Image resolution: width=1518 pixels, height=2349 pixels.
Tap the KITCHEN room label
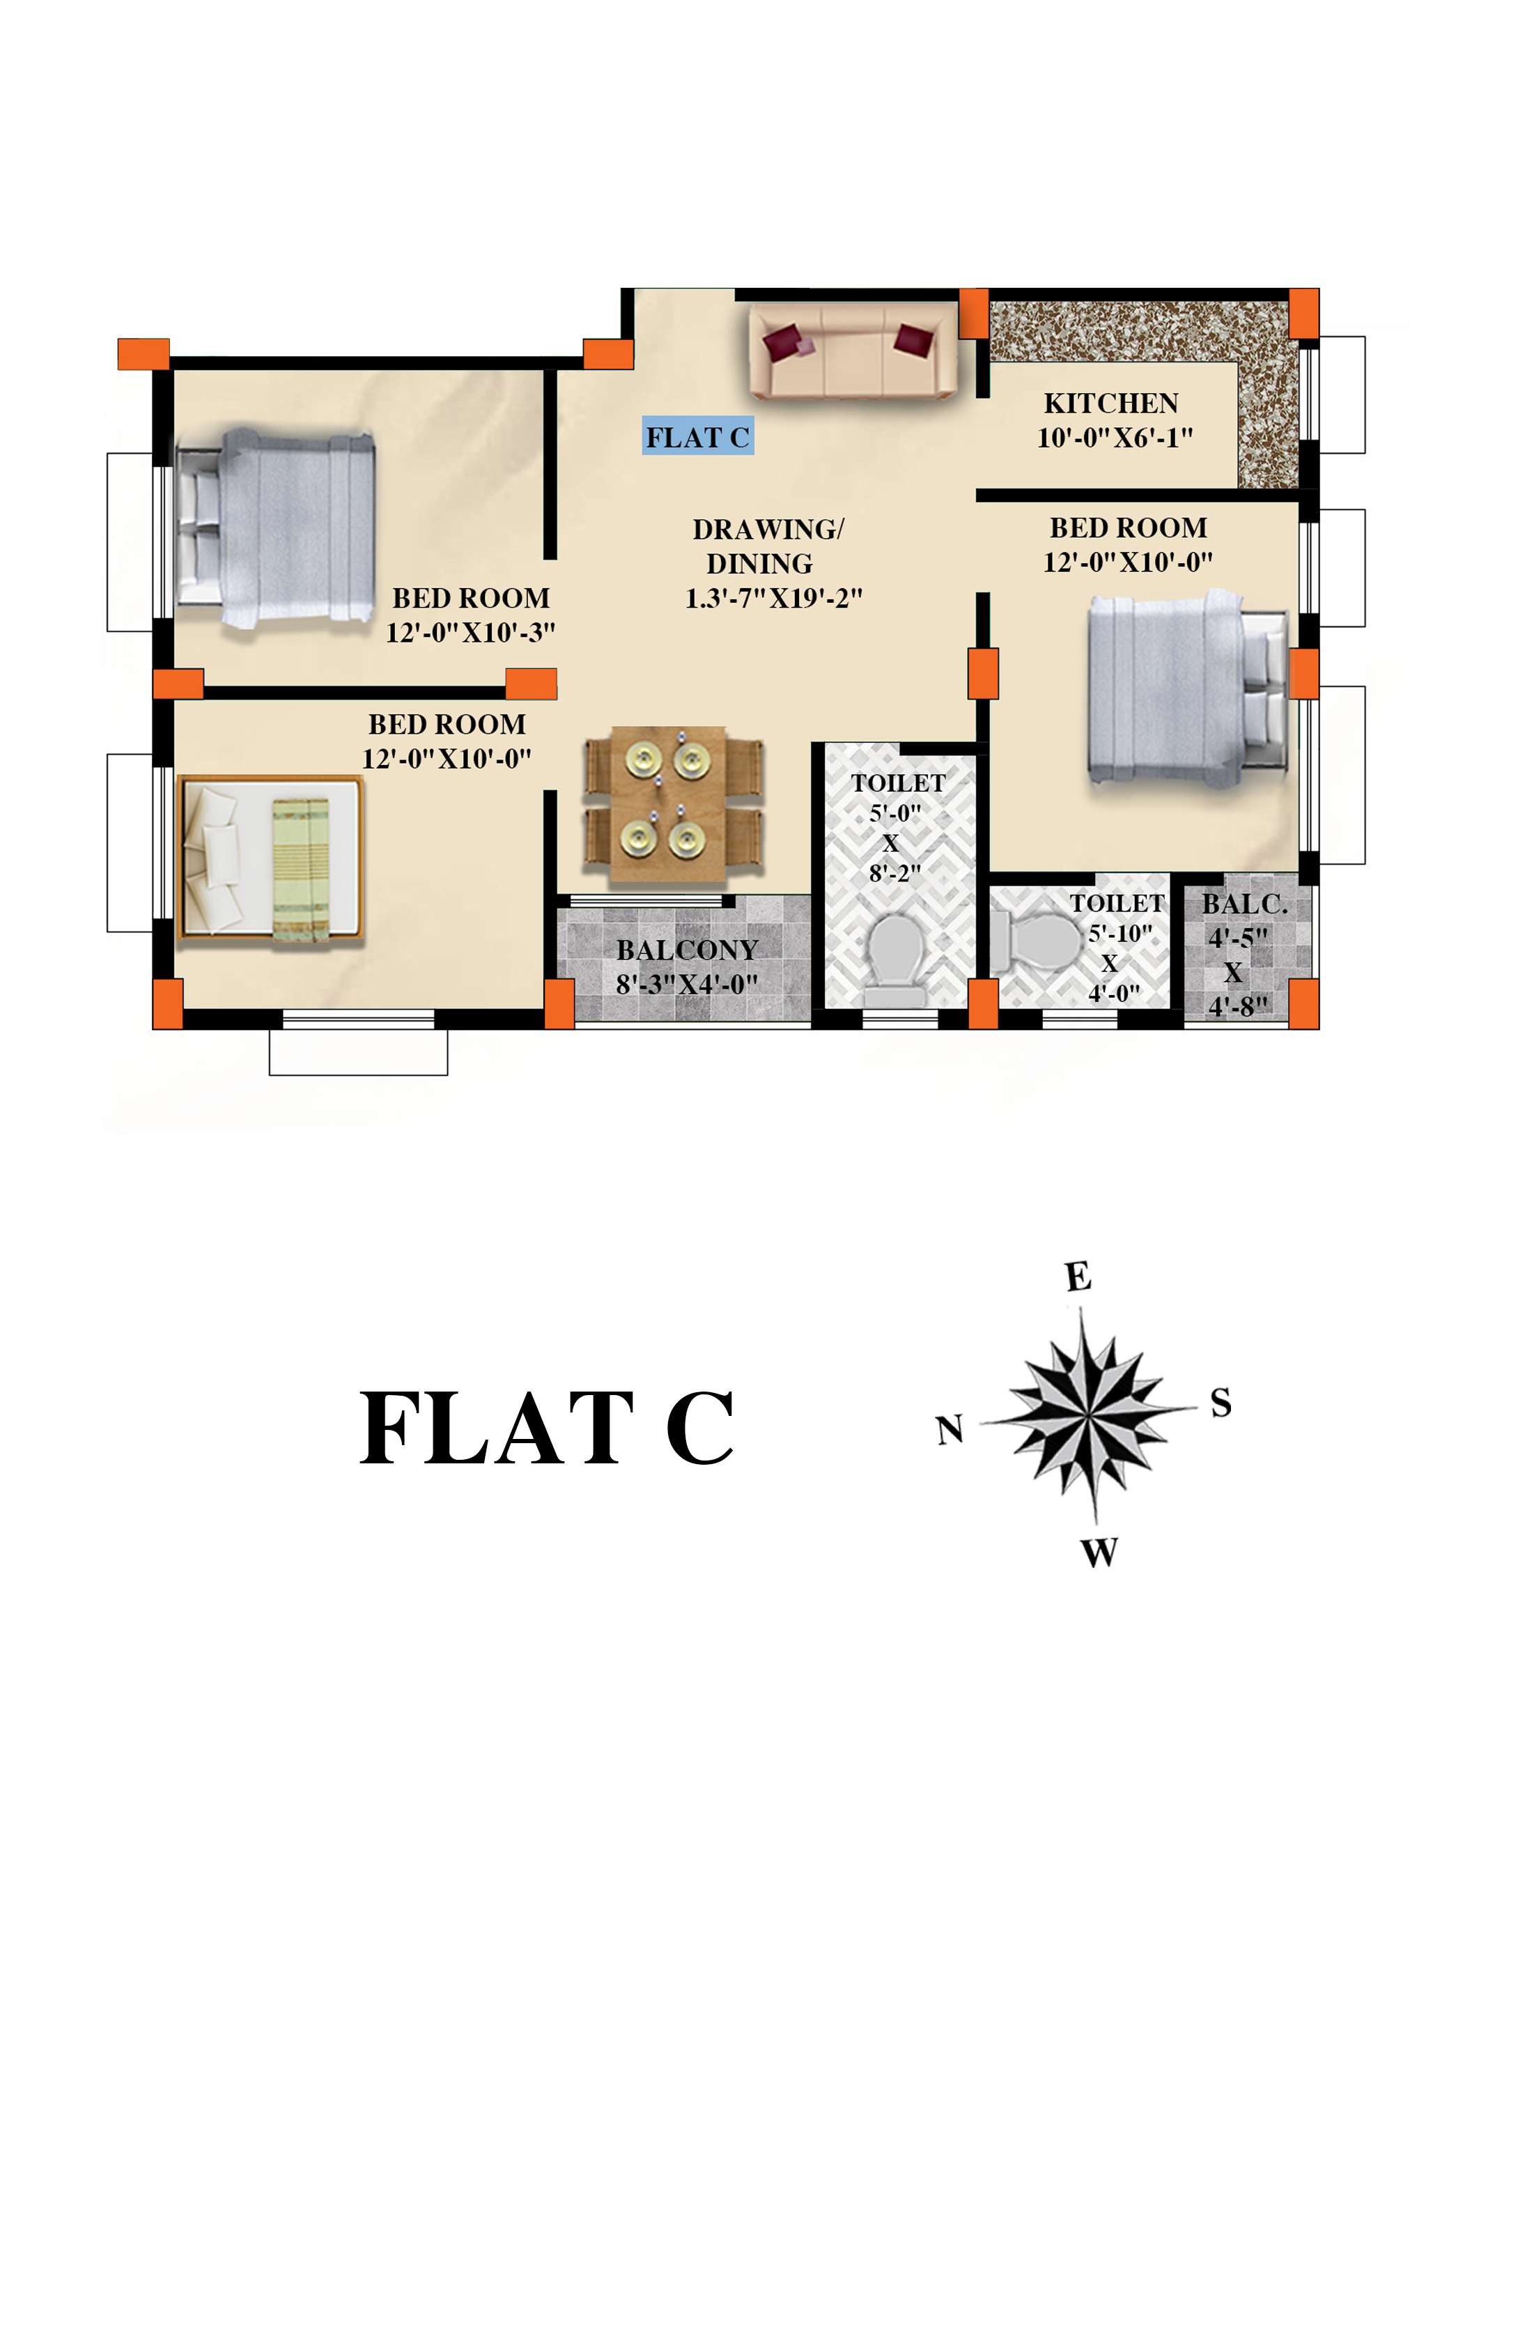1111,403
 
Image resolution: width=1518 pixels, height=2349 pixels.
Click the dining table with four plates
668,804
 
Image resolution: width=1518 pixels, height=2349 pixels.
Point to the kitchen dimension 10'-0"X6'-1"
1115,438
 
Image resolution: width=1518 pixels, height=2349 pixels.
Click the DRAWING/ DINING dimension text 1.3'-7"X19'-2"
774,597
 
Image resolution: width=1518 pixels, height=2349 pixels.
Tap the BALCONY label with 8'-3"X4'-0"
687,966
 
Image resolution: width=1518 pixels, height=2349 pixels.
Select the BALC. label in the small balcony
1245,904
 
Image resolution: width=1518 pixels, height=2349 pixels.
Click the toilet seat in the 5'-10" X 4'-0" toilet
1037,941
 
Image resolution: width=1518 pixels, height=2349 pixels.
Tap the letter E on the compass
1078,1277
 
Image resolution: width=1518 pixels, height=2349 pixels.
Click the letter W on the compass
1099,1553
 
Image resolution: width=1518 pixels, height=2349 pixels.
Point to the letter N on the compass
950,1429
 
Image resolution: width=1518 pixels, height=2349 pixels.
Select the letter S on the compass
1221,1402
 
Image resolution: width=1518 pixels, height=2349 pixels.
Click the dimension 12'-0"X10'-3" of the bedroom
470,632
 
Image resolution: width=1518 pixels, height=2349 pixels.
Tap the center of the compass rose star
1090,1417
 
